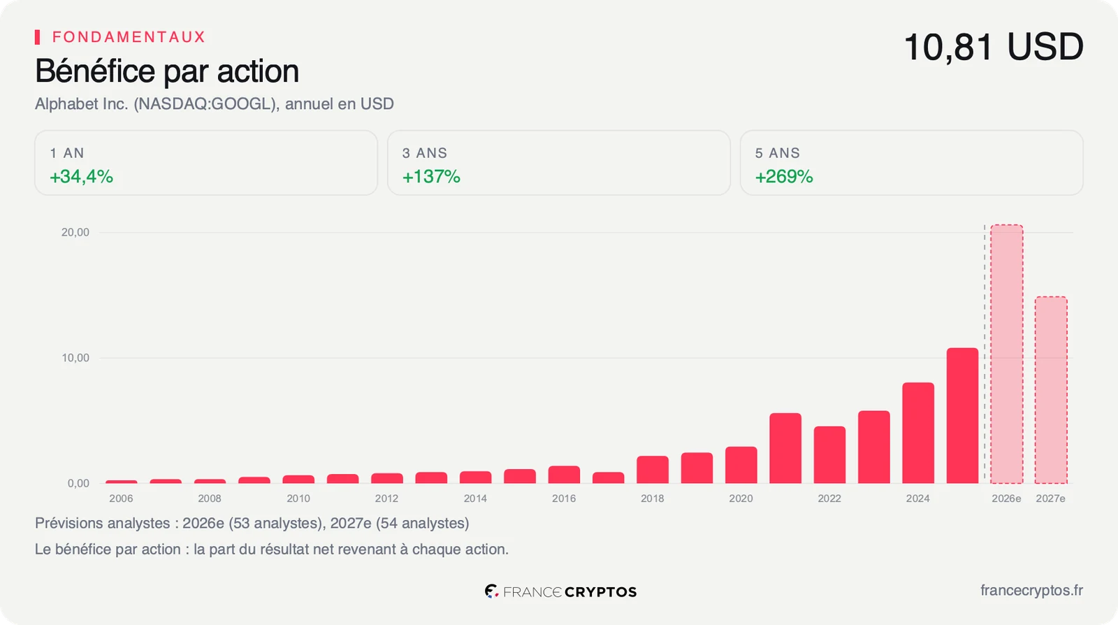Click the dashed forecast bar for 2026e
point(1007,354)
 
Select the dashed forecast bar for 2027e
point(1051,390)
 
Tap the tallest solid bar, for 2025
point(962,415)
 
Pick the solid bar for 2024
point(918,433)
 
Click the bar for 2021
point(785,448)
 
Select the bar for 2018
point(653,469)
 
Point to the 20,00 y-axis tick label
point(75,232)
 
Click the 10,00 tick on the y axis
point(75,358)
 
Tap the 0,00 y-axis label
point(78,483)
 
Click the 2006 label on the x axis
point(121,498)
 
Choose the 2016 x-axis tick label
point(563,498)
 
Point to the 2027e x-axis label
point(1051,498)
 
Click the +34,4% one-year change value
point(81,177)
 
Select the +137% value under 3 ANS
point(431,177)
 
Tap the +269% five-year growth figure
point(784,177)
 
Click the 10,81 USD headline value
point(994,47)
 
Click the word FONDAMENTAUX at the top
point(129,37)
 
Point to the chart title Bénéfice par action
point(167,71)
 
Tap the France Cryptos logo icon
point(492,591)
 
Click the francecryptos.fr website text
point(1031,591)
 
